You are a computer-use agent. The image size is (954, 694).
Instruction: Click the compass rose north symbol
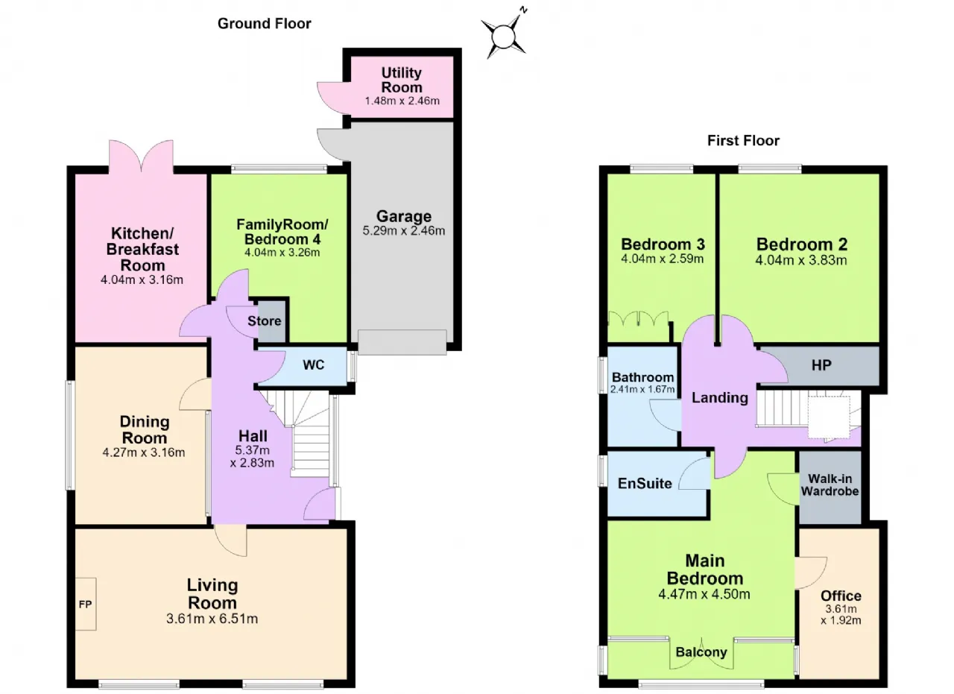coord(505,37)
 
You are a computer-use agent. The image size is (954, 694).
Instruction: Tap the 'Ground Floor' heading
coord(264,23)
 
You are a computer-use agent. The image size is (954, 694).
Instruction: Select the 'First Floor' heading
coord(743,140)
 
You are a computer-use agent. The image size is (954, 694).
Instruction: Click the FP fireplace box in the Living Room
coord(86,604)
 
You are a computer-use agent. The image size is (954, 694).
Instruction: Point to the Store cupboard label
coord(264,321)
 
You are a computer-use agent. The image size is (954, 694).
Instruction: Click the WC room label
coord(314,365)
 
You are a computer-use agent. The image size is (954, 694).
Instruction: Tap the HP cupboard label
coord(821,365)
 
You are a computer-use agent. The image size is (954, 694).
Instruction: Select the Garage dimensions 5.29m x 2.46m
coord(404,231)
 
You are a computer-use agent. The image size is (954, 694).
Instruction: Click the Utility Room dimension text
coord(402,101)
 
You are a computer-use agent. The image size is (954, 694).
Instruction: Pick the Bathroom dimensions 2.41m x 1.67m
coord(642,389)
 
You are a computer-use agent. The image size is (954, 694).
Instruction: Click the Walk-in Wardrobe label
coord(830,485)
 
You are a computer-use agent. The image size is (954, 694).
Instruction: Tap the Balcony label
coord(701,652)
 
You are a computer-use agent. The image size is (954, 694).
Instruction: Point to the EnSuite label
coord(645,483)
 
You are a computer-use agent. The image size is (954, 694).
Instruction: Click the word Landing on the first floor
coord(720,397)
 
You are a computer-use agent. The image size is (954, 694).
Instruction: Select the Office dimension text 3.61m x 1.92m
coord(841,614)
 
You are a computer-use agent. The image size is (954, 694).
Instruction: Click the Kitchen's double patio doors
coord(142,157)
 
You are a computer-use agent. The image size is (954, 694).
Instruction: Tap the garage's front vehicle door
coord(402,341)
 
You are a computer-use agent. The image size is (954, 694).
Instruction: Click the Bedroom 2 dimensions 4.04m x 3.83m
coord(801,260)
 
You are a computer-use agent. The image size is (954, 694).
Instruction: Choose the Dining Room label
coord(145,429)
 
